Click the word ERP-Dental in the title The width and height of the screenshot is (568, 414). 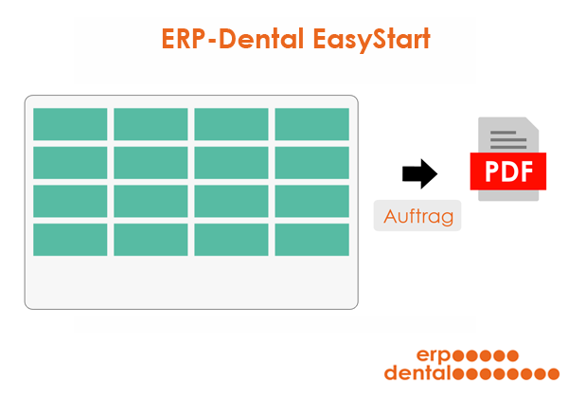click(232, 39)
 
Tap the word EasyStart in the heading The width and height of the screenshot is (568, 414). click(372, 40)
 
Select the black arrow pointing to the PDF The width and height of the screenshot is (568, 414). click(419, 173)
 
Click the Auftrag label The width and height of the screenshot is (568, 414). click(418, 216)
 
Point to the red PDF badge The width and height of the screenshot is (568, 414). click(507, 171)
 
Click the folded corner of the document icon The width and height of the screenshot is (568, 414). click(532, 124)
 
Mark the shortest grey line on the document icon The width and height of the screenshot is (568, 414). click(504, 133)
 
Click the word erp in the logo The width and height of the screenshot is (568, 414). click(434, 355)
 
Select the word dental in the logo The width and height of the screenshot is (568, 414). click(417, 372)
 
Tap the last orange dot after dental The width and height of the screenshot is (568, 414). click(553, 374)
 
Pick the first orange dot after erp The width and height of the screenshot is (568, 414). click(458, 355)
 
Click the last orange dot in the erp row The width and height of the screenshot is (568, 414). click(512, 355)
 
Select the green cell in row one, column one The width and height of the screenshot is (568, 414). click(70, 124)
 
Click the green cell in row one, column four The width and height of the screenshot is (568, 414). click(311, 124)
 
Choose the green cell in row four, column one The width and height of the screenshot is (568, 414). click(70, 240)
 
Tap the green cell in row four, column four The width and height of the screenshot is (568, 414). click(311, 240)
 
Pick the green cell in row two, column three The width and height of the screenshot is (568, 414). click(232, 163)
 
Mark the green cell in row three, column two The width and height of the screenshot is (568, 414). click(151, 201)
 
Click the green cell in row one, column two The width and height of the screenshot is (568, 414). click(151, 124)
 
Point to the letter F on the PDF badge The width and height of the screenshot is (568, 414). click(526, 171)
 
